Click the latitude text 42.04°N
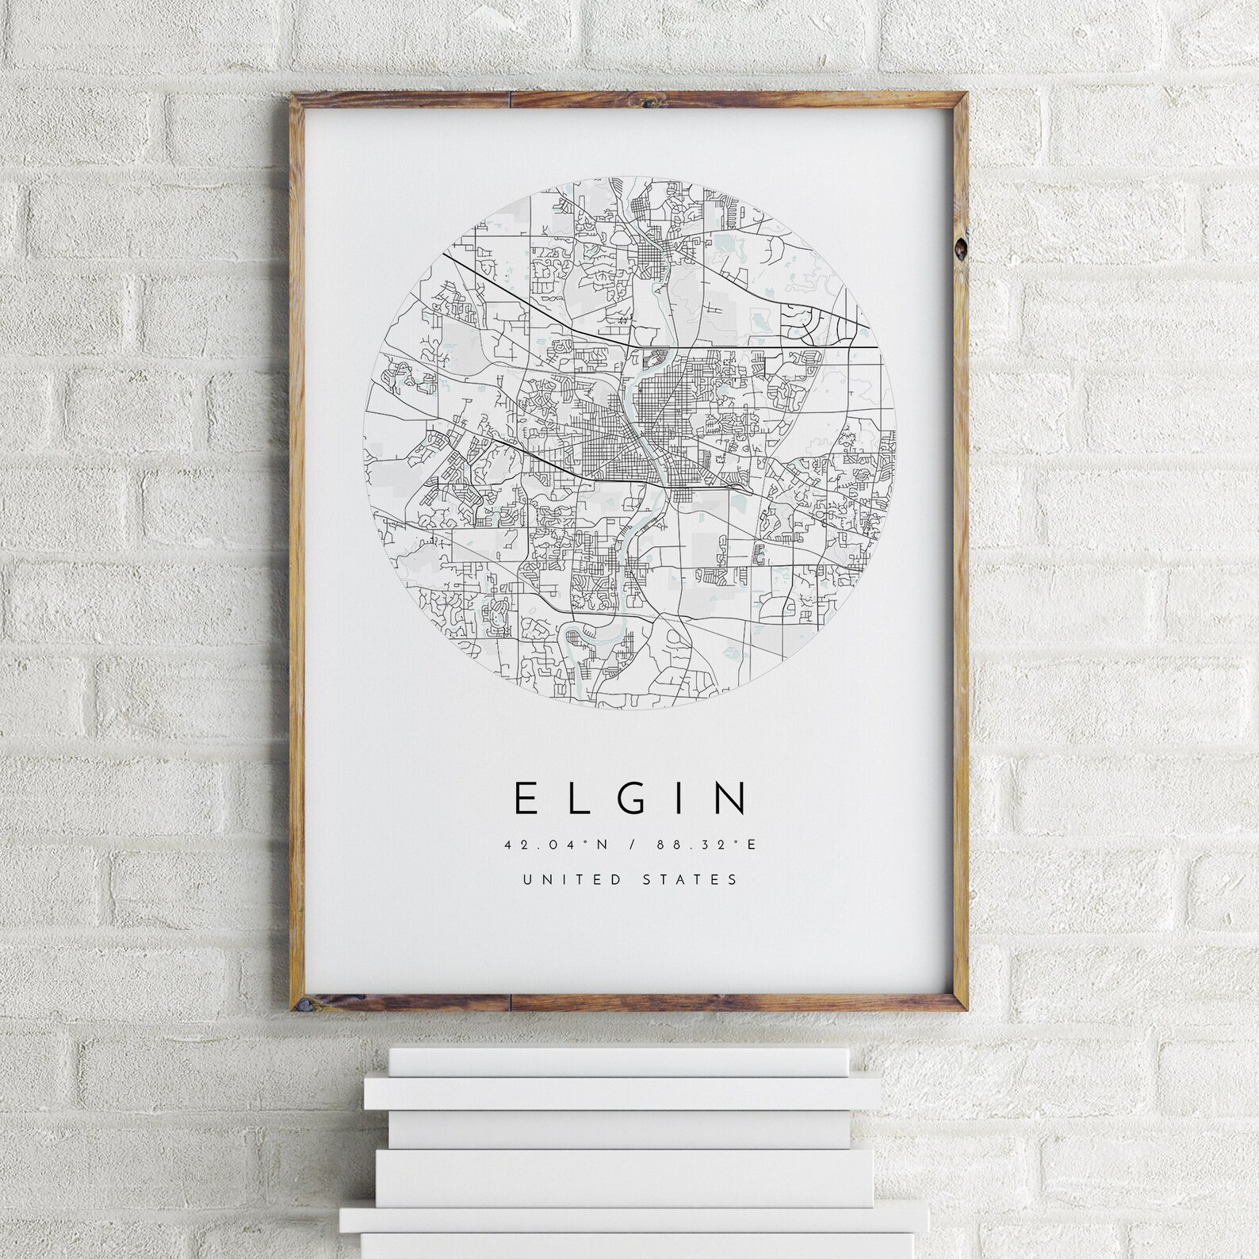[x=555, y=844]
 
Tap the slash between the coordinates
[x=630, y=844]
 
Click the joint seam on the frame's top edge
[x=510, y=99]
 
